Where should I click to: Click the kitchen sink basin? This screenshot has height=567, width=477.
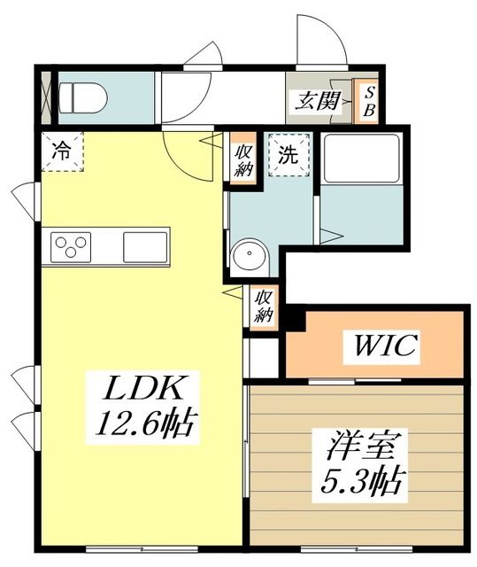click(x=144, y=245)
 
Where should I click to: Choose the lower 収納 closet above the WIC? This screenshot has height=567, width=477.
click(x=264, y=306)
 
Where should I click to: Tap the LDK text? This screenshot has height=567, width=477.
click(x=146, y=389)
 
